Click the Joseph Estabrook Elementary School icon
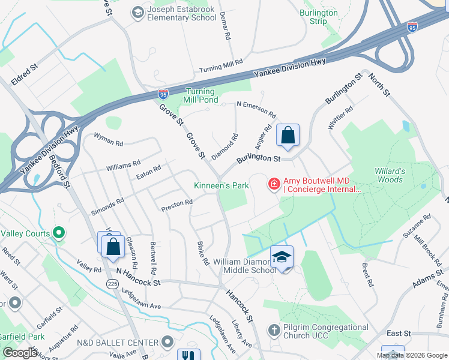(137, 12)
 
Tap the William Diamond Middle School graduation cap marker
(282, 257)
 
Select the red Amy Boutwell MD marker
(274, 183)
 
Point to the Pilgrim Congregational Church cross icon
(274, 331)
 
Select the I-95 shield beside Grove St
(163, 93)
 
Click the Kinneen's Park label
(221, 186)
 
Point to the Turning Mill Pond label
(197, 95)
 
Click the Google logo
(20, 353)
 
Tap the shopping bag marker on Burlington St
(288, 136)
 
